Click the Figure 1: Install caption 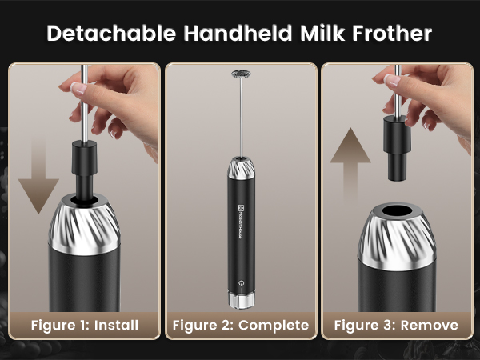pos(84,325)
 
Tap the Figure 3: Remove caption pos(396,325)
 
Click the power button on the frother pos(242,282)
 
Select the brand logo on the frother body pos(242,216)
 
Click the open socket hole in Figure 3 pos(398,214)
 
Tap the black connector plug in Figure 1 pos(84,164)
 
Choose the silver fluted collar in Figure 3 pos(398,240)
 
